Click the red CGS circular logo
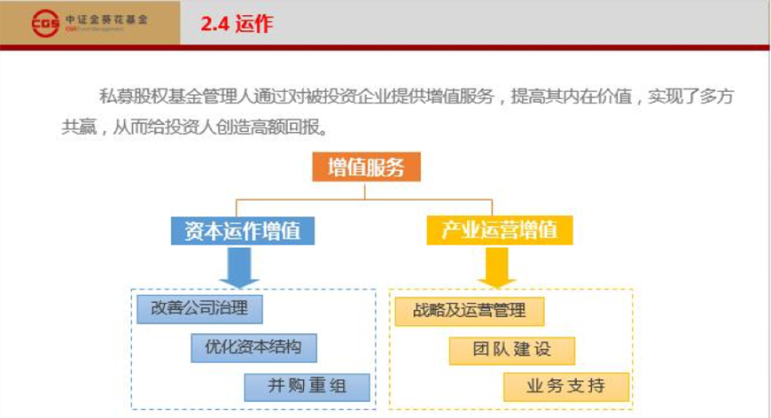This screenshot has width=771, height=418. click(45, 23)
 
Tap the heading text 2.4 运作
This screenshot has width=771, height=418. click(237, 24)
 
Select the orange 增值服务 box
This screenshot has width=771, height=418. click(366, 167)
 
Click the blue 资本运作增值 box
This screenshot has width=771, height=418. click(243, 231)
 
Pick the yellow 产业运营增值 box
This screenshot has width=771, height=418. click(500, 230)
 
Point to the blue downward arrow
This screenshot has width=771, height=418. click(239, 267)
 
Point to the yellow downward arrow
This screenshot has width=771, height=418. click(496, 267)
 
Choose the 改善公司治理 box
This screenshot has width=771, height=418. click(199, 309)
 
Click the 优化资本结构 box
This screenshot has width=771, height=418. click(253, 348)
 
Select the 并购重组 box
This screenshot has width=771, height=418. click(307, 387)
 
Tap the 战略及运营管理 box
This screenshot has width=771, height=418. click(470, 312)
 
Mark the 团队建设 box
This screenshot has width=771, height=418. click(512, 351)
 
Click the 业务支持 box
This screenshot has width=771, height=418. click(566, 387)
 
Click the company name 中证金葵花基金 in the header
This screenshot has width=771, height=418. click(106, 19)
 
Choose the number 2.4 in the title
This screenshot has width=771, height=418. click(214, 24)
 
